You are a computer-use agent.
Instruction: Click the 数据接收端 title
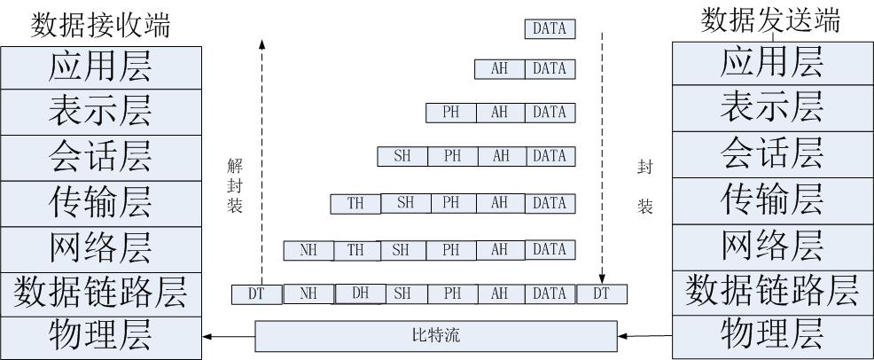pos(100,24)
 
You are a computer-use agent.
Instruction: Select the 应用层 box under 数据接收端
pos(100,66)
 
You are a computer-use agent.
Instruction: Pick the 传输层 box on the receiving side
pos(100,203)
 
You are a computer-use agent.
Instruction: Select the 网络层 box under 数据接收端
pos(100,247)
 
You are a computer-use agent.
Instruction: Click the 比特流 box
pos(435,337)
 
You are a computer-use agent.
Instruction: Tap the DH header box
pos(360,293)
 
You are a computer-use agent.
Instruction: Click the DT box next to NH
pos(257,293)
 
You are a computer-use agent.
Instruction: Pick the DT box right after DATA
pos(601,293)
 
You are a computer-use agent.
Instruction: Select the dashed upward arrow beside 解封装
pos(262,160)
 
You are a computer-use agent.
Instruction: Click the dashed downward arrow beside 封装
pos(603,160)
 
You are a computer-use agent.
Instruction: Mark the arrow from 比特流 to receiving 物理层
pos(228,337)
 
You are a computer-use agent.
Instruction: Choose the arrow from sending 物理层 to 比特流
pos(644,337)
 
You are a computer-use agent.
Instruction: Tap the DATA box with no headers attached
pos(550,29)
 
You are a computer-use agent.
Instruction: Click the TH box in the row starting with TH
pos(355,203)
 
